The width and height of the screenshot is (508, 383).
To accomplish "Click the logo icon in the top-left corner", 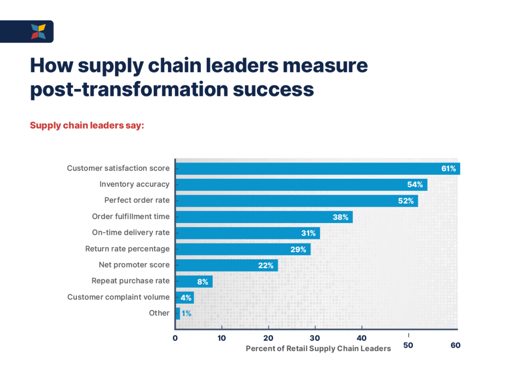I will pyautogui.click(x=38, y=31).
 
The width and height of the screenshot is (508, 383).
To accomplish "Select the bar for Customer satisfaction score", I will pyautogui.click(x=317, y=168).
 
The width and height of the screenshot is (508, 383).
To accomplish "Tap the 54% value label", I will pyautogui.click(x=415, y=185).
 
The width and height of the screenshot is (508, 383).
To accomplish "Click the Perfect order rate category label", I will pyautogui.click(x=136, y=200).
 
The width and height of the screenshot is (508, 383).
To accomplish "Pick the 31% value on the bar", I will pyautogui.click(x=308, y=233).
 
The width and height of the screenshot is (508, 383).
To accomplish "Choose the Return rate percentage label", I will pyautogui.click(x=127, y=248).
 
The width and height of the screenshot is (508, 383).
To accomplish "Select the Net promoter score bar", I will pyautogui.click(x=226, y=265).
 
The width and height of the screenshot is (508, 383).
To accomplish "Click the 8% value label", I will pyautogui.click(x=202, y=281).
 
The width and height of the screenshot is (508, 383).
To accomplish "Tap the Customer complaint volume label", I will pyautogui.click(x=118, y=297).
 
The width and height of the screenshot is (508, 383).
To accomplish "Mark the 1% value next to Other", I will pyautogui.click(x=186, y=313).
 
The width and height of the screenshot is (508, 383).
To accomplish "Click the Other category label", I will pyautogui.click(x=159, y=313).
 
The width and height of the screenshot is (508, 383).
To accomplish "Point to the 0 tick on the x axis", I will pyautogui.click(x=175, y=338).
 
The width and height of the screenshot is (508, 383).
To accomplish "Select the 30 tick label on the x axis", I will pyautogui.click(x=315, y=338).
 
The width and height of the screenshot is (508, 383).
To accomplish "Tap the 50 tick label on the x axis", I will pyautogui.click(x=408, y=345).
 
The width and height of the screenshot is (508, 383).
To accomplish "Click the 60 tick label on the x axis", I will pyautogui.click(x=455, y=345).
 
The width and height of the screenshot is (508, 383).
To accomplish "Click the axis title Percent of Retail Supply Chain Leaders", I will pyautogui.click(x=318, y=349).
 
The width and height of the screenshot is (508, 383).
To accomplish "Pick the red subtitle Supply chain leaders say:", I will pyautogui.click(x=87, y=125).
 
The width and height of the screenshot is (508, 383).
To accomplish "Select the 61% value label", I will pyautogui.click(x=448, y=168).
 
